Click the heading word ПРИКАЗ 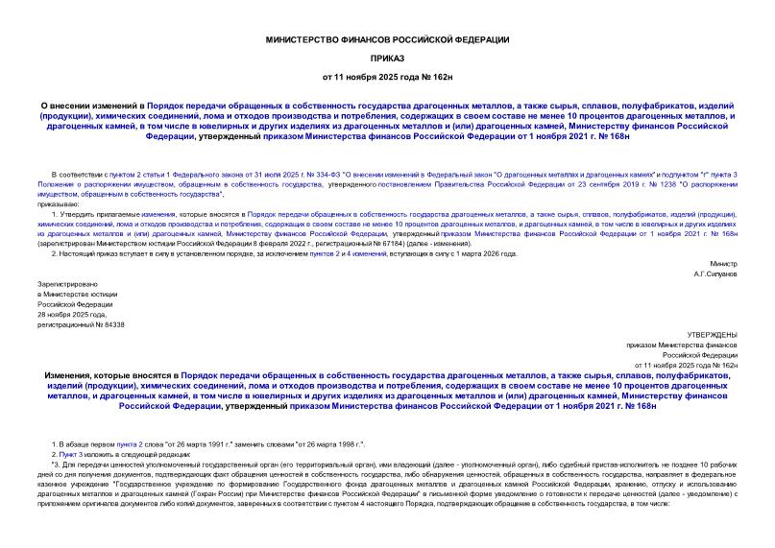(x=388, y=57)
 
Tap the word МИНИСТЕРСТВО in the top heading (x=306, y=38)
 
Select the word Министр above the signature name (x=723, y=263)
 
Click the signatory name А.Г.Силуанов (x=714, y=274)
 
